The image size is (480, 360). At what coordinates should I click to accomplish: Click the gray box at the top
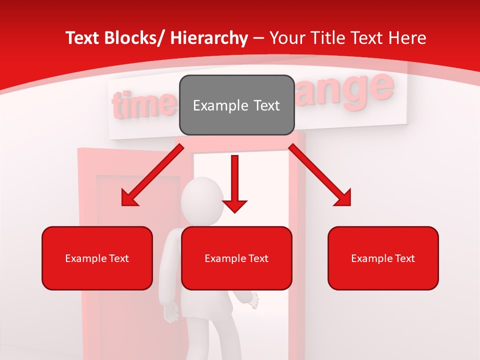pos(236,105)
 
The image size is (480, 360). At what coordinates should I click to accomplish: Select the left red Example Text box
pos(97,258)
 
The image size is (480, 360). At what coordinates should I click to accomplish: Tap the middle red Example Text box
pos(236,258)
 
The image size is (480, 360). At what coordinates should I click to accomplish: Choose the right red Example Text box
pos(383,258)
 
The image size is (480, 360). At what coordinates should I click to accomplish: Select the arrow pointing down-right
pos(320,175)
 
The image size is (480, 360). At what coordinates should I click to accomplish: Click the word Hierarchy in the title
pos(209,38)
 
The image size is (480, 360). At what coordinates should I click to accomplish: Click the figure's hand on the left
pos(172,312)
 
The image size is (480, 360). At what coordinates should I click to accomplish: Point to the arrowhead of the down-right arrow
pos(343,198)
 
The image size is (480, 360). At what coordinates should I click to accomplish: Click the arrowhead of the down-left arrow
pos(129,198)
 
